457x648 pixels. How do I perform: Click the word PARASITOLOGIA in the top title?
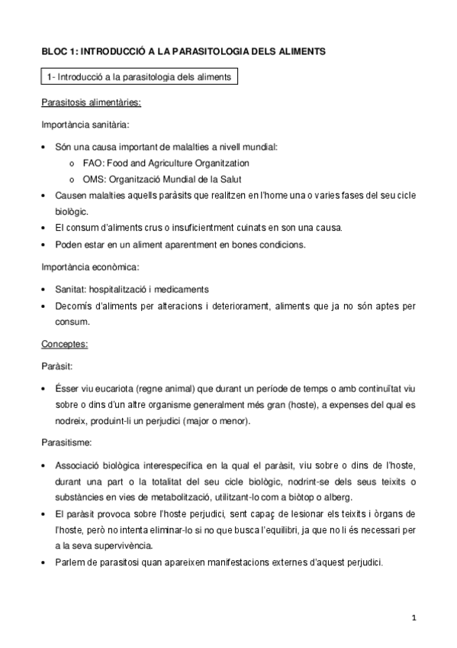(214, 51)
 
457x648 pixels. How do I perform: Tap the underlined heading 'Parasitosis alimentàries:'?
(91, 102)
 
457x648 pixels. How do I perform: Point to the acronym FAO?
(93, 163)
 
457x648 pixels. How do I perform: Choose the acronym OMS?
(94, 179)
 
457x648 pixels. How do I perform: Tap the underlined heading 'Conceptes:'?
(65, 345)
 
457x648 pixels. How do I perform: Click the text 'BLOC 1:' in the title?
(58, 51)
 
